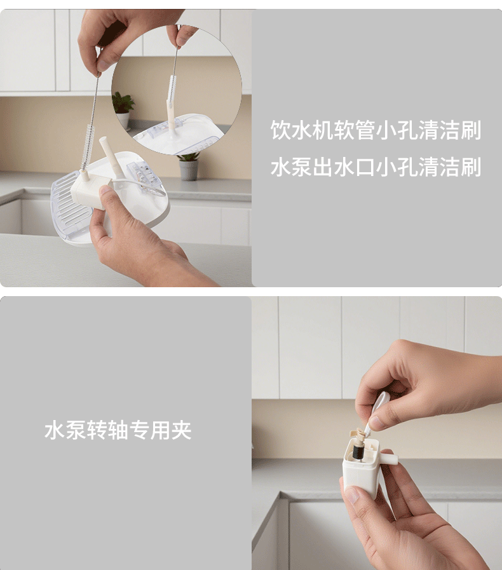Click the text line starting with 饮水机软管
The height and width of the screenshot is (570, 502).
[376, 131]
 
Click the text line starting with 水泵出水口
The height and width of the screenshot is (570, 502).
[376, 168]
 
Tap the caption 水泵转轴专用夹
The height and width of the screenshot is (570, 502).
[118, 431]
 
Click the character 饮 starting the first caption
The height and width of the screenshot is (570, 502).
[280, 131]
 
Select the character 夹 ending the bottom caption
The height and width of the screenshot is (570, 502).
[182, 431]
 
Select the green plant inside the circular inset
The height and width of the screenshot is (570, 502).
[123, 102]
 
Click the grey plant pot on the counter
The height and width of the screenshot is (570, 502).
[189, 170]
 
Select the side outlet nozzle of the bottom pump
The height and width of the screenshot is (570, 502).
[388, 457]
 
